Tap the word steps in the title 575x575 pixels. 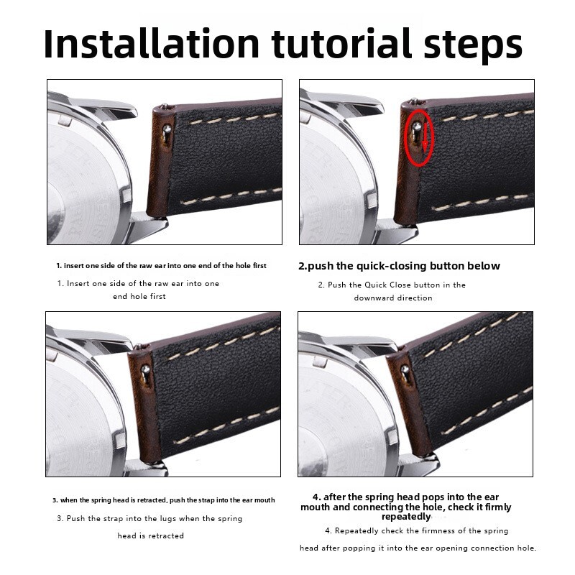coord(473,46)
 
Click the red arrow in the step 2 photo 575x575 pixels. coord(425,137)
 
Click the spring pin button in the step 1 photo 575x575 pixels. coord(167,129)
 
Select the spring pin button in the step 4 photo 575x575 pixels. coord(405,369)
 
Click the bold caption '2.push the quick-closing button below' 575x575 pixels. coord(399,266)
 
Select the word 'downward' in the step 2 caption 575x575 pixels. coord(373,298)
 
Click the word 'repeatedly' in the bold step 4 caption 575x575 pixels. coord(406,517)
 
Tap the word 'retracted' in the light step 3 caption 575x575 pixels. coord(166,535)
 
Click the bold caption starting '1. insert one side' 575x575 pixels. coord(161,265)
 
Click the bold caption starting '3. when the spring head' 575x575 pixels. coord(164,500)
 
